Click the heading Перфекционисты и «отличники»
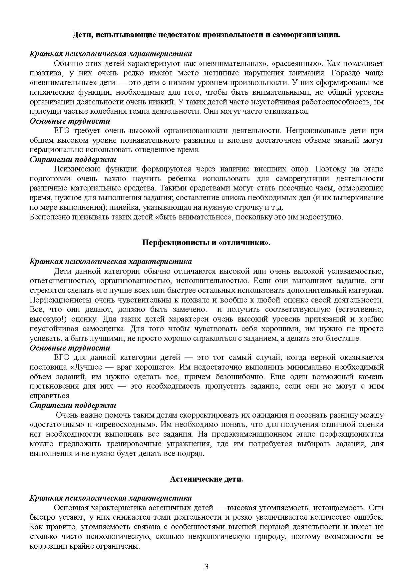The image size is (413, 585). click(206, 242)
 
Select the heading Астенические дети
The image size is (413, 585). click(206, 479)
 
